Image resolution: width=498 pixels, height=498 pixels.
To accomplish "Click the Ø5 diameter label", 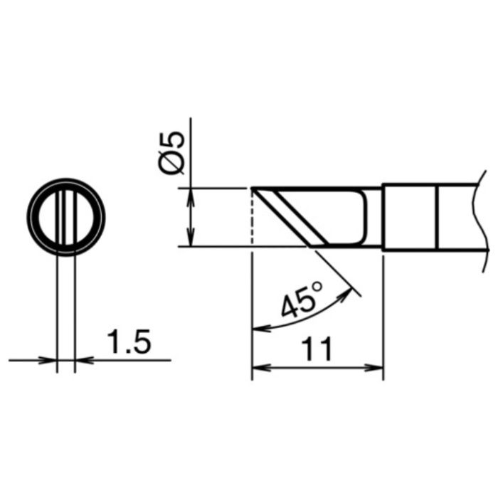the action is click(171, 152).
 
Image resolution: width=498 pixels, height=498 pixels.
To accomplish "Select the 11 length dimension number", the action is click(317, 349).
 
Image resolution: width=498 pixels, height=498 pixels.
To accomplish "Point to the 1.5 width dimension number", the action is click(129, 341).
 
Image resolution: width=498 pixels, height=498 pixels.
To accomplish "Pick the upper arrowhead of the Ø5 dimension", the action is click(190, 196).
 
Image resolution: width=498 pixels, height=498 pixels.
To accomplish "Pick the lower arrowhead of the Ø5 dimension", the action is click(190, 238).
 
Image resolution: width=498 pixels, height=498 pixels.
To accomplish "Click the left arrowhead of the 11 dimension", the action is click(260, 368).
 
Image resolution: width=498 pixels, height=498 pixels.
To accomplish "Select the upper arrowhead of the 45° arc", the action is click(346, 293).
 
